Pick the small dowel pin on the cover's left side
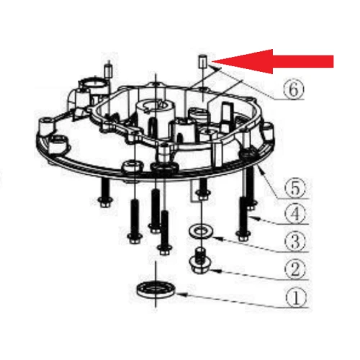point(107,71)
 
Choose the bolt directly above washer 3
point(203,188)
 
